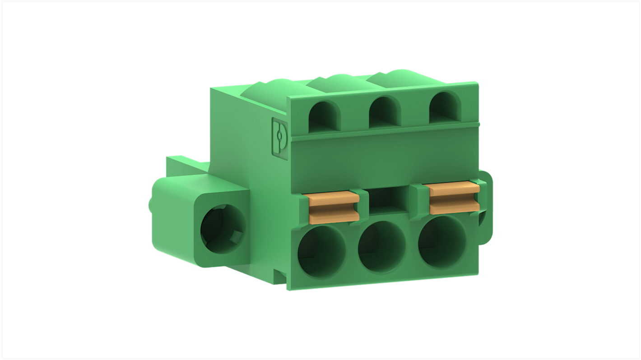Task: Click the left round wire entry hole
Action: [x=322, y=250]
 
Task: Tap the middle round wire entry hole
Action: [x=381, y=247]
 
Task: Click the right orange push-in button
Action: [x=454, y=198]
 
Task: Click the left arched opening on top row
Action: [x=325, y=116]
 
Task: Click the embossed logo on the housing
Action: [x=279, y=136]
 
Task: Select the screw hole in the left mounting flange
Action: [x=223, y=228]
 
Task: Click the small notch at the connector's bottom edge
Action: [x=280, y=277]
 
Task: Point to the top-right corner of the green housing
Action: [x=477, y=83]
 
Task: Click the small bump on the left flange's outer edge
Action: [x=150, y=205]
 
